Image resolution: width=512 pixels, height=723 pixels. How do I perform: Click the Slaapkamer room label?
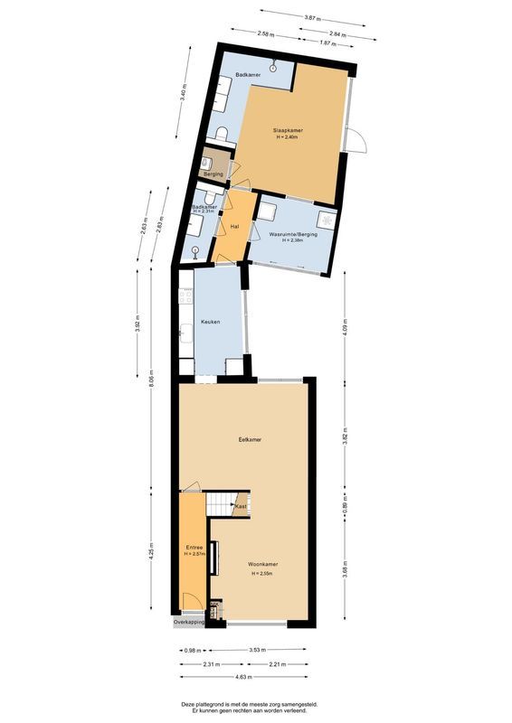(289, 130)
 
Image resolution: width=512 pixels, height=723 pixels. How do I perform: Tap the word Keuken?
(210, 322)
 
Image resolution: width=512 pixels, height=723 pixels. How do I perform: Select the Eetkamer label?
(250, 440)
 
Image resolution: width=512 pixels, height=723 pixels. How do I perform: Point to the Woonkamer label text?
(264, 565)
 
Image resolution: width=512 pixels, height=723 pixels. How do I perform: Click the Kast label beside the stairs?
(241, 507)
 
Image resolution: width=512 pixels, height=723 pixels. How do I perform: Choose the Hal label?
(234, 226)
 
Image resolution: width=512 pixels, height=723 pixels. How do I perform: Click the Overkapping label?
(190, 622)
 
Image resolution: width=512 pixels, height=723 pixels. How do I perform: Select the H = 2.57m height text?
(195, 554)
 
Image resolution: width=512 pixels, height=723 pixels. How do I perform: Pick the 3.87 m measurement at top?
(313, 17)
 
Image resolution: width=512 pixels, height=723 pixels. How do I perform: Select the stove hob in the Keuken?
(186, 296)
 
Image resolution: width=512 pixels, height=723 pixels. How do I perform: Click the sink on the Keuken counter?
(185, 332)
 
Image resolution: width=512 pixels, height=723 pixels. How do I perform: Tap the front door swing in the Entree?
(191, 602)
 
